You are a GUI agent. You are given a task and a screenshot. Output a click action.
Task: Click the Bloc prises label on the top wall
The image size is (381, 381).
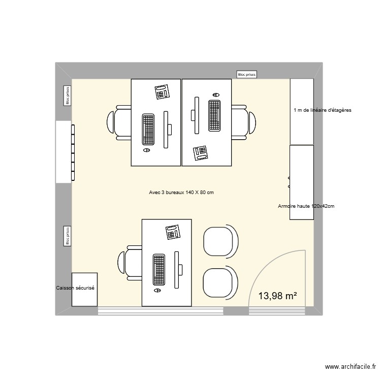(247, 74)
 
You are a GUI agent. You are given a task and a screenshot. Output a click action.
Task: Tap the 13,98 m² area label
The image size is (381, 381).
(277, 296)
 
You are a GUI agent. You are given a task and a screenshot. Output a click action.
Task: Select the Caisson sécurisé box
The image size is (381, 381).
(84, 290)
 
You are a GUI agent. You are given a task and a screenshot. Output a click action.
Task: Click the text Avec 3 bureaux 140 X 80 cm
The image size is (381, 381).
(181, 193)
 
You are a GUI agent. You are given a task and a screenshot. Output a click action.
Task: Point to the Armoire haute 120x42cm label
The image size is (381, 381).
(306, 206)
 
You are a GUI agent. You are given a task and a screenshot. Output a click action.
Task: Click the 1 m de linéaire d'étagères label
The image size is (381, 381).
(322, 110)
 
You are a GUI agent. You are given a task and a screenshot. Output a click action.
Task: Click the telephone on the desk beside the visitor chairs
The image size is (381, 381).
(173, 232)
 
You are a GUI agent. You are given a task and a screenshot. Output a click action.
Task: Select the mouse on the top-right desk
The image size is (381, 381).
(216, 95)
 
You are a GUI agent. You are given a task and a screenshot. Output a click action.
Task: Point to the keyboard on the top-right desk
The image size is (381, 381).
(214, 115)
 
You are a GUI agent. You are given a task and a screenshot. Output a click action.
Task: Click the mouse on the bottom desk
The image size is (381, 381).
(157, 291)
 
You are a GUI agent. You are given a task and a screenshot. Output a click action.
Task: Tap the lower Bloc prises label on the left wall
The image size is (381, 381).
(67, 236)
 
